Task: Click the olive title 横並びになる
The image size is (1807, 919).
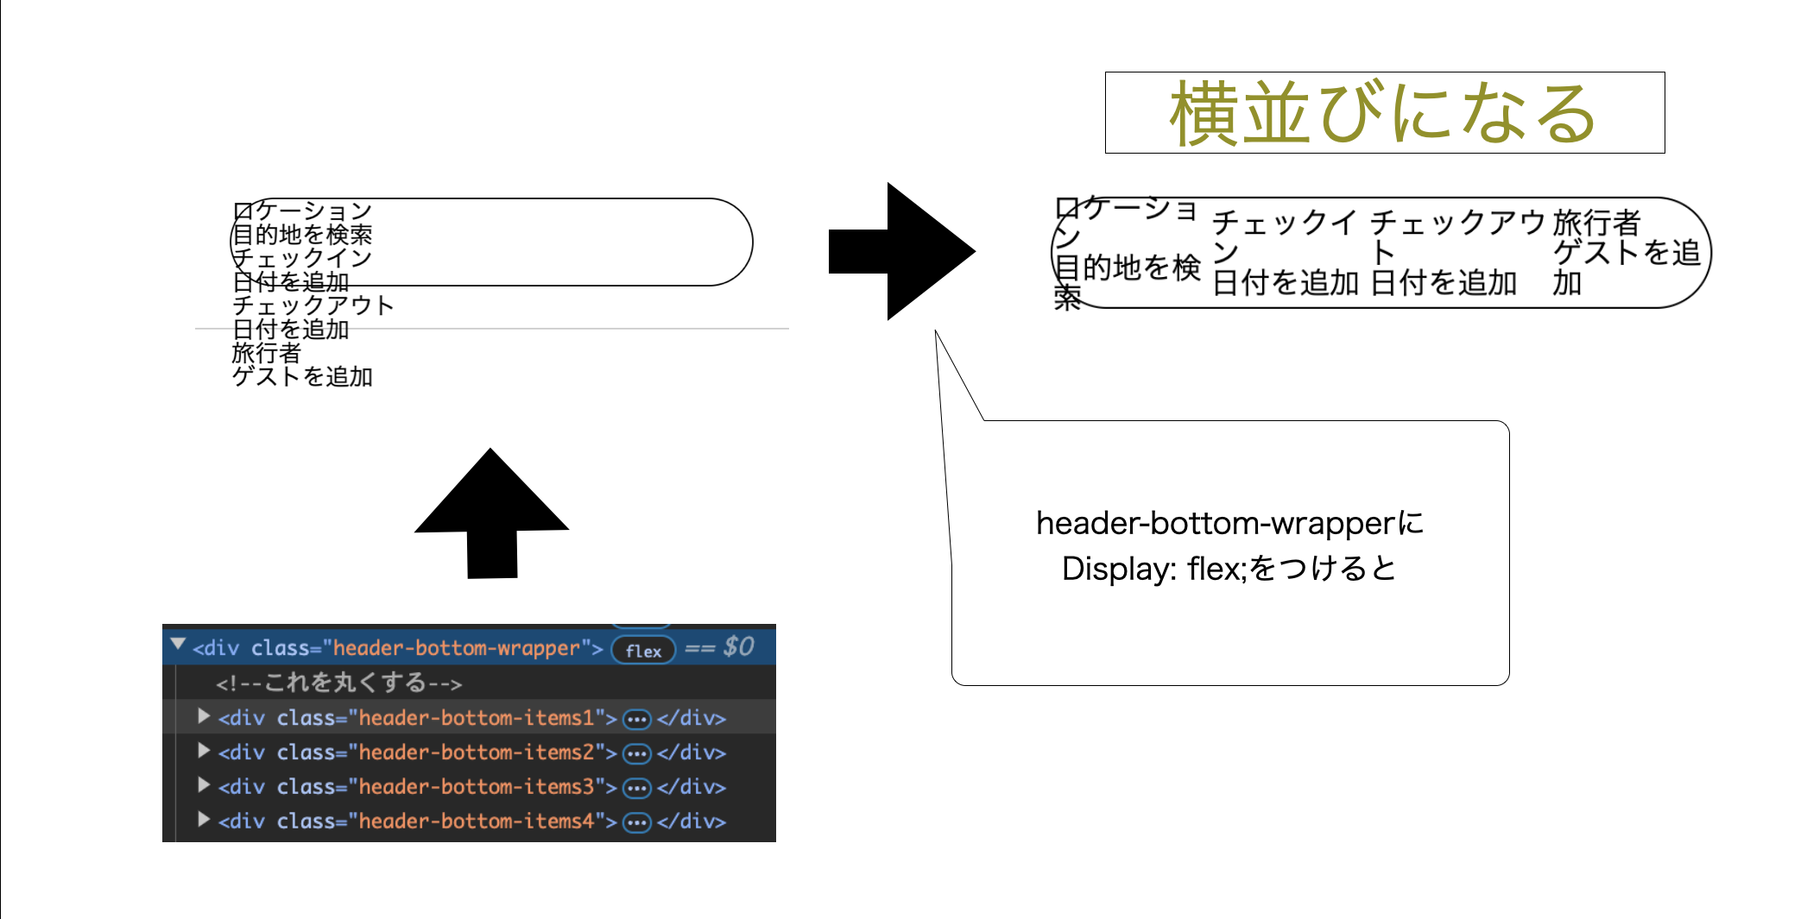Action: point(1383,113)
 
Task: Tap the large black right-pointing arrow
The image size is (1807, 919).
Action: point(902,251)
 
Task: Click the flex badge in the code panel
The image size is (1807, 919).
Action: point(643,650)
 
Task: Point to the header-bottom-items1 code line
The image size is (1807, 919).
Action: point(476,717)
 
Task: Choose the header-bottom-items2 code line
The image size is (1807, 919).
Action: point(476,752)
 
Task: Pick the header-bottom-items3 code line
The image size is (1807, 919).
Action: point(476,786)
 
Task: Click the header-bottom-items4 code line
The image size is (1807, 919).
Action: point(476,821)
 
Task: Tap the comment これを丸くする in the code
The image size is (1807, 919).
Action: point(339,683)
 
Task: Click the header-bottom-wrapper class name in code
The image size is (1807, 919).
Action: point(456,648)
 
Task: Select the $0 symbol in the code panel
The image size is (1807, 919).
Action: point(739,646)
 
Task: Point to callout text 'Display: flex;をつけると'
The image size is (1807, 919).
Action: point(1229,569)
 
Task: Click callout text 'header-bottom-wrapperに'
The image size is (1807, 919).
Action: point(1229,523)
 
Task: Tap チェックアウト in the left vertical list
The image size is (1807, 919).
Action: point(313,305)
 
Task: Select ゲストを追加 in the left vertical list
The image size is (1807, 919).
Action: point(302,377)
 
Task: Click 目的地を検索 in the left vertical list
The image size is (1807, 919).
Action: point(302,235)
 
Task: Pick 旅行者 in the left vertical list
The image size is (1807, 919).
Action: point(266,353)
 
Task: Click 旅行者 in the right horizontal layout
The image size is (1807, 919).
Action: point(1596,223)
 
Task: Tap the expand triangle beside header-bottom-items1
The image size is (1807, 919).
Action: point(204,716)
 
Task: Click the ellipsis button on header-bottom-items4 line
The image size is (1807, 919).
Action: point(637,822)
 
